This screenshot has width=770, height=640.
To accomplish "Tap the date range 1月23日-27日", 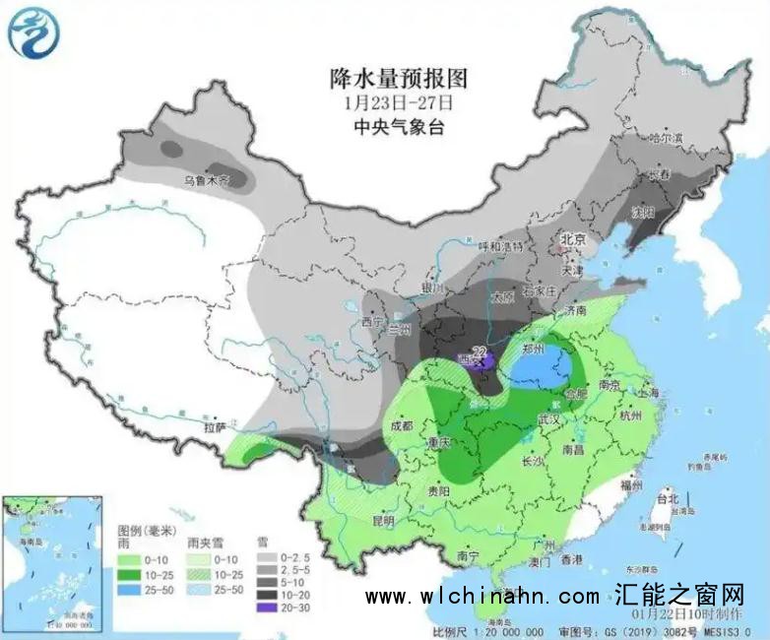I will (x=399, y=102).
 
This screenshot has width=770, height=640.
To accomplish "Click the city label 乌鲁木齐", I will (x=206, y=181).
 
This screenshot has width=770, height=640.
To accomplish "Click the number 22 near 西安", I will (x=480, y=351).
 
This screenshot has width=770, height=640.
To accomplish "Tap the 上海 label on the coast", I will (x=649, y=391).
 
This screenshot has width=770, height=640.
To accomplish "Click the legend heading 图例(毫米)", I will (x=145, y=531).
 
